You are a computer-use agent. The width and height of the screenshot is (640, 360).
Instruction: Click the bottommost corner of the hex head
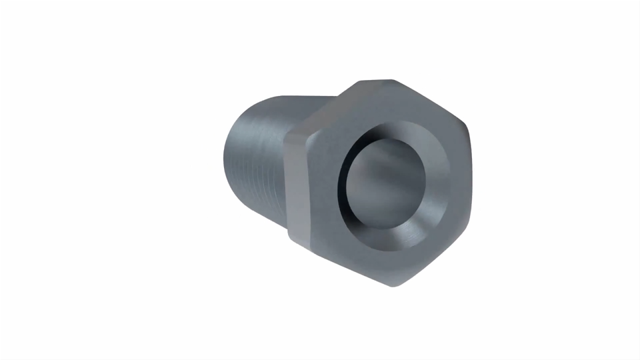click(x=393, y=285)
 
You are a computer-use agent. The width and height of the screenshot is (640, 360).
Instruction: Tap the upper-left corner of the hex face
click(x=308, y=133)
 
